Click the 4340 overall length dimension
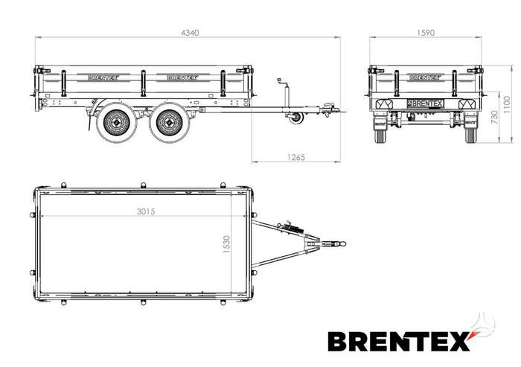click(190, 33)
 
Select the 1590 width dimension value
click(426, 33)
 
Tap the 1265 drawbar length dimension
click(295, 157)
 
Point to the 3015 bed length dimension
click(146, 211)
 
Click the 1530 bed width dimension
click(226, 244)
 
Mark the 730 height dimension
click(494, 118)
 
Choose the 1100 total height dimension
click(507, 105)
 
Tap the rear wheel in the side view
click(116, 122)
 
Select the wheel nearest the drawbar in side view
click(170, 122)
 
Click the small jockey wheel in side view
click(295, 118)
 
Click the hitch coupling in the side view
click(330, 109)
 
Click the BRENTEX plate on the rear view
click(426, 103)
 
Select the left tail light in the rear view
click(384, 104)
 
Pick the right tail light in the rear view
click(467, 104)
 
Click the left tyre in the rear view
click(381, 130)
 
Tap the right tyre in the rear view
click(470, 130)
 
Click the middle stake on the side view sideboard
click(143, 83)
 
